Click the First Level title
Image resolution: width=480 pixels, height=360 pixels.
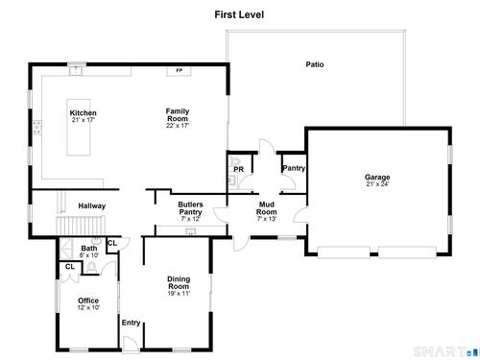point(239,14)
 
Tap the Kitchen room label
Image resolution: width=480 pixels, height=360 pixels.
point(83,113)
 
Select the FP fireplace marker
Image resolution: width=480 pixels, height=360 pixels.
point(179,70)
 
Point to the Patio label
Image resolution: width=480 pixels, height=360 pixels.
point(315,64)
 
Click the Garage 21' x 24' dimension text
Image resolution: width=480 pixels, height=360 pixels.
point(377,184)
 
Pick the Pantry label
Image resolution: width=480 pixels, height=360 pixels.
point(294,168)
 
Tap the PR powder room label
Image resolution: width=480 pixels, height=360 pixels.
point(238,169)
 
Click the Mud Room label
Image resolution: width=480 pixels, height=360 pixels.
point(267,208)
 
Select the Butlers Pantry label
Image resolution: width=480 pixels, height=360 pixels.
point(190,208)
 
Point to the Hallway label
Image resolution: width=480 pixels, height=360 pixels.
point(92,206)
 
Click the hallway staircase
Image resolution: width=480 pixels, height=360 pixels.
point(81,226)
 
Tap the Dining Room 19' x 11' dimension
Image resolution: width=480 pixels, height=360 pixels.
point(179,294)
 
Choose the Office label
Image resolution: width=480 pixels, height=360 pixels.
point(88,300)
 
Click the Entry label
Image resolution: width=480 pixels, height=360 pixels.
point(131,323)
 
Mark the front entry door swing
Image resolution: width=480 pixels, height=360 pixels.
point(131,343)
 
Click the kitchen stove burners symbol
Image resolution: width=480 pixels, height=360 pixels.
point(37,127)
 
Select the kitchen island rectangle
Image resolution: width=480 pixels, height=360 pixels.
point(79,128)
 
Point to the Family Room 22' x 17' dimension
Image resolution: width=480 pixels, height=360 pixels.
point(178,126)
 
